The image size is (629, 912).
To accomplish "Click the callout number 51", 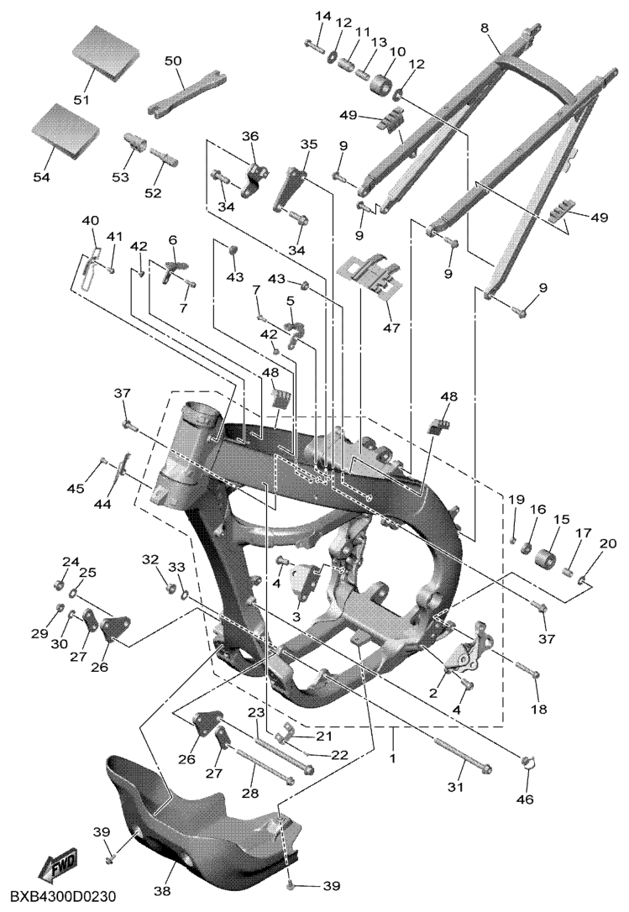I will (81, 100).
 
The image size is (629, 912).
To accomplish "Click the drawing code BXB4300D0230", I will (65, 897).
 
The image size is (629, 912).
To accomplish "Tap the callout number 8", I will (485, 29).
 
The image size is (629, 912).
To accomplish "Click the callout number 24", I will (71, 562).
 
